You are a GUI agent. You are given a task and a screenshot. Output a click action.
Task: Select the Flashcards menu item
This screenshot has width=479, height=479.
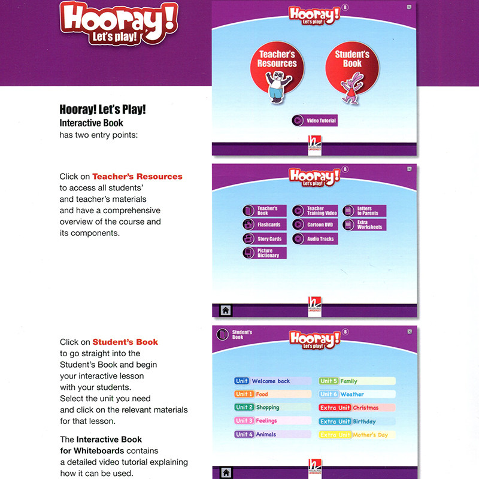click(264, 225)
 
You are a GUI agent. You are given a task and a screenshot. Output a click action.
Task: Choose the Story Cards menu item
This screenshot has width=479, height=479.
click(264, 239)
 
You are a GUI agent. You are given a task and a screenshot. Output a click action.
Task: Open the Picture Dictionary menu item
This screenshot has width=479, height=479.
click(264, 253)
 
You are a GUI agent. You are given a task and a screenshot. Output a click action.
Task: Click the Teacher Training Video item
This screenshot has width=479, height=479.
click(316, 211)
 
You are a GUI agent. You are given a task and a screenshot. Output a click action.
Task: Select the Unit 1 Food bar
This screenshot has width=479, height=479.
click(272, 395)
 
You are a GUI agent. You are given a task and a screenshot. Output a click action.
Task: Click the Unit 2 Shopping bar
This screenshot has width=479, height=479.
click(272, 408)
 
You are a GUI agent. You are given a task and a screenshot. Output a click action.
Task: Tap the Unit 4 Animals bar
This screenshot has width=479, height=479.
click(272, 434)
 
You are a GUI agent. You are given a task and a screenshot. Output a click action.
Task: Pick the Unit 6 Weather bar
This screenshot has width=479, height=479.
click(357, 395)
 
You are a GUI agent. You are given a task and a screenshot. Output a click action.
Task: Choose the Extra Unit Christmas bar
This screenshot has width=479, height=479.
click(357, 408)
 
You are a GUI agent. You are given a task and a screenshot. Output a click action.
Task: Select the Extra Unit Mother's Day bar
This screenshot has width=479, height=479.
click(357, 435)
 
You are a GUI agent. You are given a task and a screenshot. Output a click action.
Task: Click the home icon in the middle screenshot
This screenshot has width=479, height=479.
click(226, 310)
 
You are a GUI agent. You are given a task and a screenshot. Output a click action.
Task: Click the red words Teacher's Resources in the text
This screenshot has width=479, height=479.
click(137, 177)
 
